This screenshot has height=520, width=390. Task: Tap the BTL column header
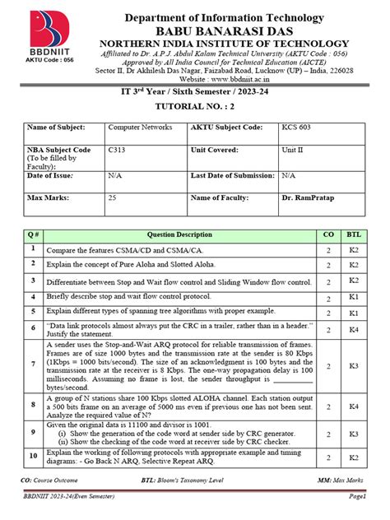point(353,234)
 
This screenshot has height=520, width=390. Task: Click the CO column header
point(327,234)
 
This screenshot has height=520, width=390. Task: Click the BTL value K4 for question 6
point(353,328)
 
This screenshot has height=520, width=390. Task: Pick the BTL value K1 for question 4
point(353,295)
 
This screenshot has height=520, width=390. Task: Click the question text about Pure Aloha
point(118,264)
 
